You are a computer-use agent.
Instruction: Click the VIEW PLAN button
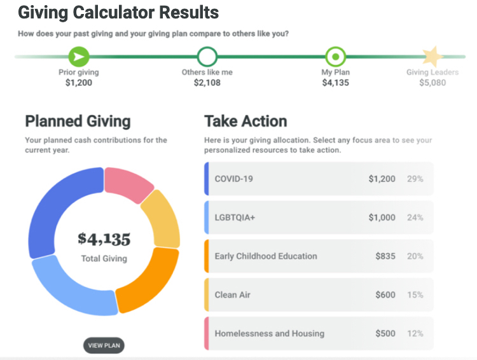[x=104, y=345]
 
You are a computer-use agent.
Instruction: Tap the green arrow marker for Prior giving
[x=79, y=57]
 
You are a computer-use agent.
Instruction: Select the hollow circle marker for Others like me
[x=207, y=57]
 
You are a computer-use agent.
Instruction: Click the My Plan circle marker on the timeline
[x=335, y=57]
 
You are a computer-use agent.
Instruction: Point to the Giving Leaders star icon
[x=432, y=57]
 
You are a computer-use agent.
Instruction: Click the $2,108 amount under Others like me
[x=207, y=83]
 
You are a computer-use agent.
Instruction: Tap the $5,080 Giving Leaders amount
[x=432, y=83]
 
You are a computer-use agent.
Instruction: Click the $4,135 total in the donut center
[x=104, y=239]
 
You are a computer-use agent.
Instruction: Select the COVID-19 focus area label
[x=233, y=179]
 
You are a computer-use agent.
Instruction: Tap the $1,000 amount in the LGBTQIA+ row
[x=382, y=218]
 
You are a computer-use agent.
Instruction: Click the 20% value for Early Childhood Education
[x=415, y=256]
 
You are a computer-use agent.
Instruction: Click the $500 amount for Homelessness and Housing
[x=385, y=333]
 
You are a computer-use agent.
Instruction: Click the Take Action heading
[x=245, y=121]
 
